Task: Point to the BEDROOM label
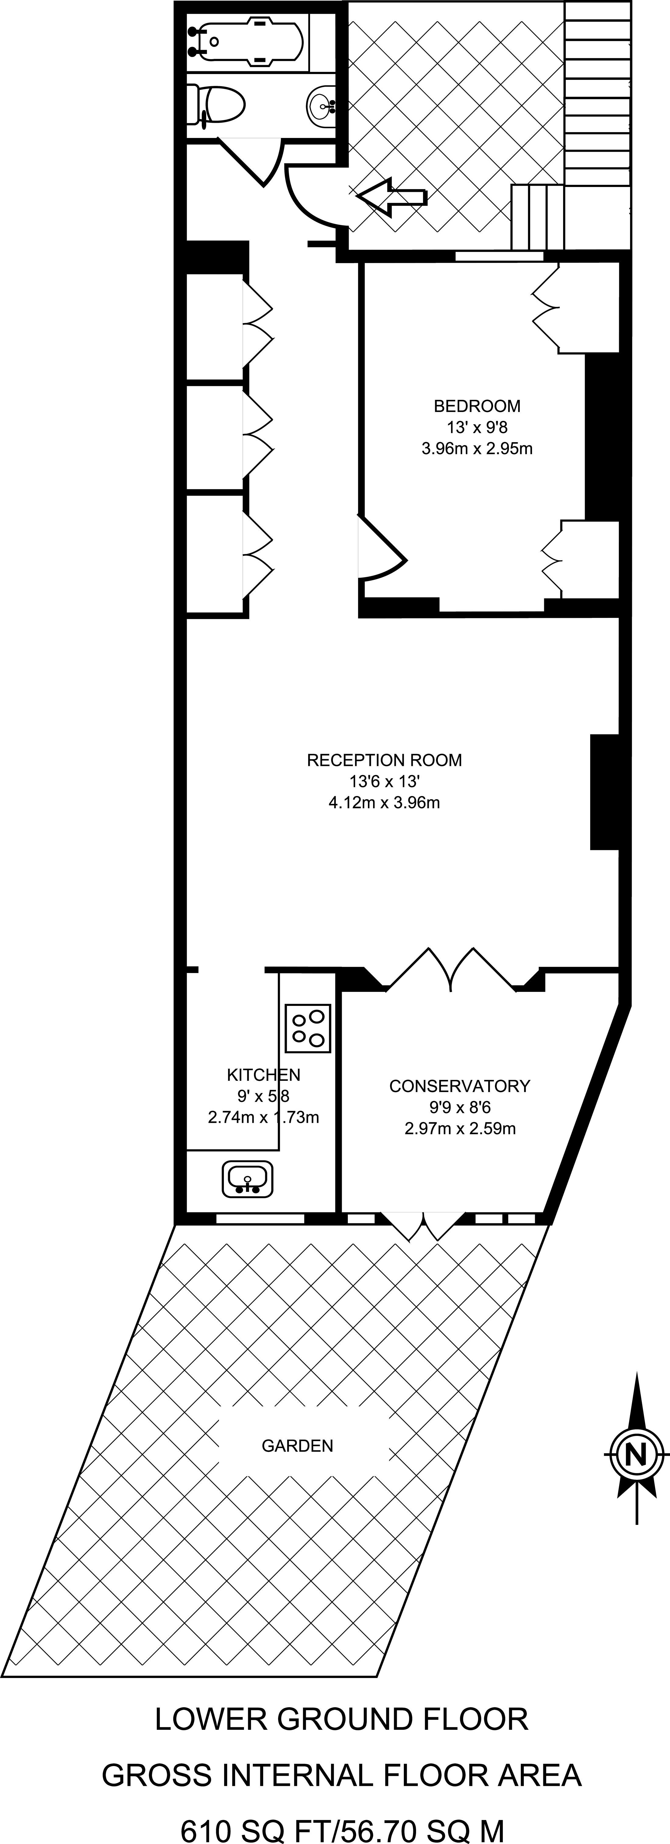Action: (477, 406)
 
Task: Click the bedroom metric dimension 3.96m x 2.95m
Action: (477, 449)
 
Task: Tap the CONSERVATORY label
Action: (460, 1086)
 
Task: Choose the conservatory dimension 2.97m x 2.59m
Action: (460, 1129)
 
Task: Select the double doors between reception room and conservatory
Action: (451, 970)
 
